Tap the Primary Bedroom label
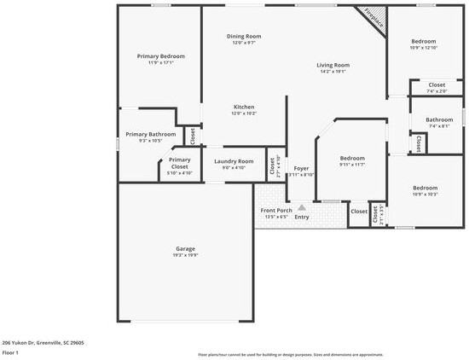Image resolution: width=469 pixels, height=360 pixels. click(x=161, y=56)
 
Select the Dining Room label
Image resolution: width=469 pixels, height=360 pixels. click(x=244, y=36)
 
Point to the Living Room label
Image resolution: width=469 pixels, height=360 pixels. click(x=333, y=65)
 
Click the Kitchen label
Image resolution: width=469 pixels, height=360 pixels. click(x=244, y=107)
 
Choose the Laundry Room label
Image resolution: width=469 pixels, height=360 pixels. click(x=234, y=161)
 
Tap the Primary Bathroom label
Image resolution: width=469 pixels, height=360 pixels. click(x=151, y=134)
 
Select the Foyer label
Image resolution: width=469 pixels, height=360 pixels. click(x=301, y=168)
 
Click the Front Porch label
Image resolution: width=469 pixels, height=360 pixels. click(x=277, y=210)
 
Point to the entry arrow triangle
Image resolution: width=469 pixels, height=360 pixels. click(x=301, y=207)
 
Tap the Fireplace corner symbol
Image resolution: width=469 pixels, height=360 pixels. click(x=373, y=17)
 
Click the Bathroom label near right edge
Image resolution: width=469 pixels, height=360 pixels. click(x=439, y=119)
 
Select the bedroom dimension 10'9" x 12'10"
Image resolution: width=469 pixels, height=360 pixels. click(x=424, y=48)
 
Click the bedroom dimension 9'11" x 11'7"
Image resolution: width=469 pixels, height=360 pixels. click(x=352, y=165)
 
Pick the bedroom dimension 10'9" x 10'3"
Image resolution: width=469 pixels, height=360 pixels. click(x=425, y=195)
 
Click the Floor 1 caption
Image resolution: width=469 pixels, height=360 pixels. click(x=10, y=351)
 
